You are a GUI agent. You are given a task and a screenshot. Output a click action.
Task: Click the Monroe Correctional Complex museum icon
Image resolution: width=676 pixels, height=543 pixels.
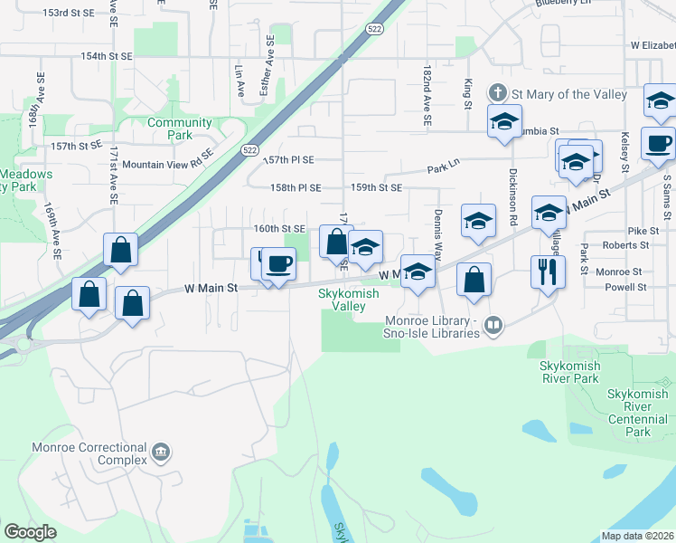coord(161,452)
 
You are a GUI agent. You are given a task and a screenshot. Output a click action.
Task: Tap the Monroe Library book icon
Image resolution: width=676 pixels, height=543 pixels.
coord(493,325)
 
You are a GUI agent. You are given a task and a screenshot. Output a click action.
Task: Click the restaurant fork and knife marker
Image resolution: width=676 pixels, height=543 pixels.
coord(548,271)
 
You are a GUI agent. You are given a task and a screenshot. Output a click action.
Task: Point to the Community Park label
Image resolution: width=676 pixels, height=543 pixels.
coord(179,129)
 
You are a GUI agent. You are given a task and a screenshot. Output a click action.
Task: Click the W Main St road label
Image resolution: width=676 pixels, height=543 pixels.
coord(211,288)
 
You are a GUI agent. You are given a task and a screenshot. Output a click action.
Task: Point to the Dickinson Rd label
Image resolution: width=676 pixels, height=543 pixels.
coord(512,197)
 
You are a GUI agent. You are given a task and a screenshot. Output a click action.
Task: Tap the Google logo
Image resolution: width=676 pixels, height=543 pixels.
coord(30,532)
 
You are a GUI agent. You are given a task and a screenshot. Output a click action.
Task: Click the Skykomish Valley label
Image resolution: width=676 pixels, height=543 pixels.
coord(343,300)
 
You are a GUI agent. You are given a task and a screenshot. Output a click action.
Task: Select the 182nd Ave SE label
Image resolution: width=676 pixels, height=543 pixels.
coord(427,94)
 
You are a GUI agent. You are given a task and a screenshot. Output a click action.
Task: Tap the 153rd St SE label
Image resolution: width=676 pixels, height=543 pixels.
coord(69,14)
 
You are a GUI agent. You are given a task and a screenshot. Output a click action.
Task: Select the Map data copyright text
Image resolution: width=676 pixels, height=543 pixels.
coord(637,536)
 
